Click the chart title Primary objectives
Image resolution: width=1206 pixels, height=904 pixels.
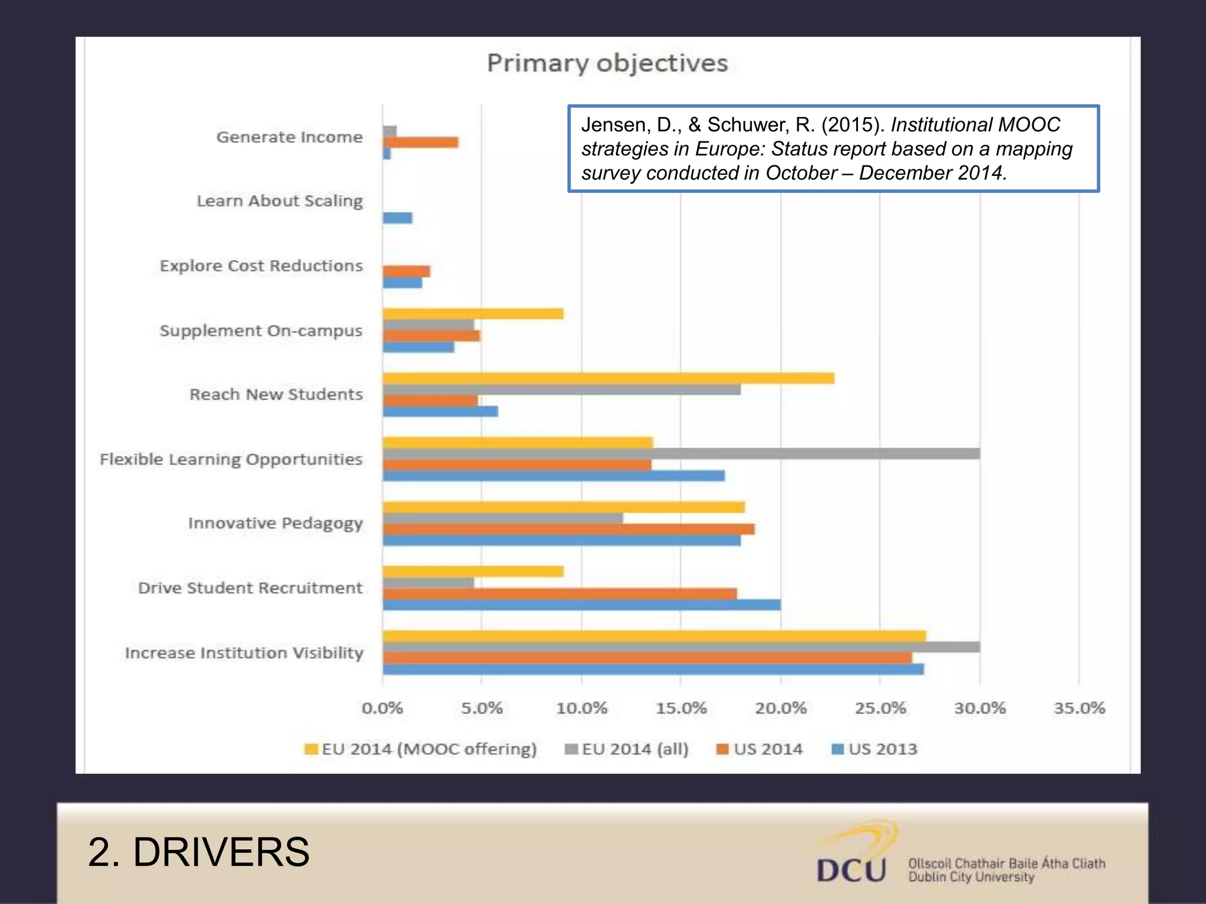click(607, 63)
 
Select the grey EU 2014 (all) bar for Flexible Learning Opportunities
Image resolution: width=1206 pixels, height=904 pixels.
click(681, 454)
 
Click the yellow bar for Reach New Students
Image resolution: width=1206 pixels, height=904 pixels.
click(608, 378)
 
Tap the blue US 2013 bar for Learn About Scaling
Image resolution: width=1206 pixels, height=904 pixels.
click(397, 218)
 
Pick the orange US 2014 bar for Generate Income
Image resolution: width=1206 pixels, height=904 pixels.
click(420, 142)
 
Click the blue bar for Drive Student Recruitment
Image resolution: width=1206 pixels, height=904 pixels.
click(581, 605)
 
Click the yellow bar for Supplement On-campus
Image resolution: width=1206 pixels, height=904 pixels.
click(473, 314)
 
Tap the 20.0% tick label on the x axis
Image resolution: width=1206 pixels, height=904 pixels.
click(781, 708)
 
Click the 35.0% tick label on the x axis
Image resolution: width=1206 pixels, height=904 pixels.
click(1079, 708)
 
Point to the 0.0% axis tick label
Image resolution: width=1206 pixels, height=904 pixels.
click(382, 708)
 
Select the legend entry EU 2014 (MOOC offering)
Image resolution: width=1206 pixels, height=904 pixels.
click(420, 749)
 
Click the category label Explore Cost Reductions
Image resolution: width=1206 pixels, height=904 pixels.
click(261, 266)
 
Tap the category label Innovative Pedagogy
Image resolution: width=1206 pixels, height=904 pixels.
click(275, 523)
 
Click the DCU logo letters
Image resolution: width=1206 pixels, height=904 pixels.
click(851, 870)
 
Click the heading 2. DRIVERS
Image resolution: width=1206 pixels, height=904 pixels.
click(198, 852)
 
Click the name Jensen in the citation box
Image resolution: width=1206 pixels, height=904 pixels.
click(614, 125)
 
